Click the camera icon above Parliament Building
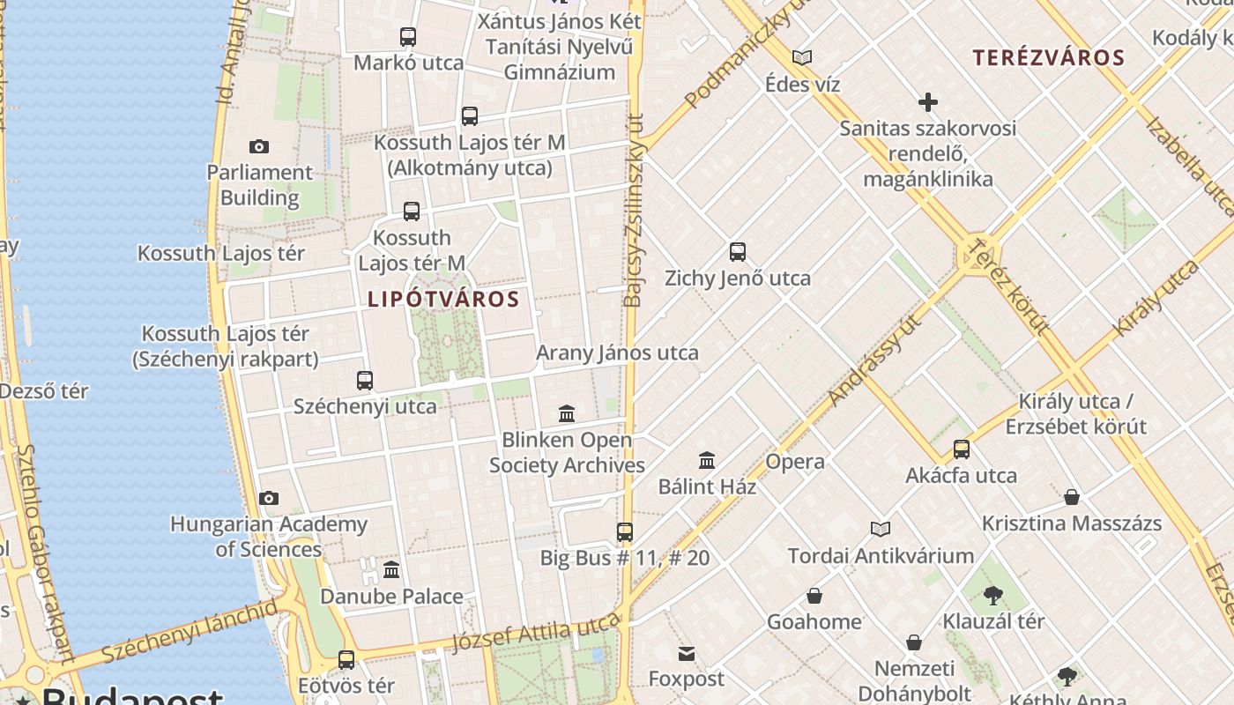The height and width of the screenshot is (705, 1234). coord(258,146)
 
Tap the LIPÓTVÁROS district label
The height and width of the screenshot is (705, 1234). coord(443,299)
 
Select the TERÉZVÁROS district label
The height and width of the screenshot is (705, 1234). coord(1048,58)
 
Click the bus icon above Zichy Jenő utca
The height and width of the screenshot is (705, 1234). coord(738,252)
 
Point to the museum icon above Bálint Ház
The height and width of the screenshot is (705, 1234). coord(706,460)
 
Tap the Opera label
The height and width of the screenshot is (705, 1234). coord(795,461)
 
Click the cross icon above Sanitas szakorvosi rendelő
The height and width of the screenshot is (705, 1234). coord(927,102)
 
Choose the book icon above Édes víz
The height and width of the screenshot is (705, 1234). coord(801,58)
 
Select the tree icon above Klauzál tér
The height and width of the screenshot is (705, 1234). coord(992,596)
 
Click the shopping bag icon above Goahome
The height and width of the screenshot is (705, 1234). coord(814,597)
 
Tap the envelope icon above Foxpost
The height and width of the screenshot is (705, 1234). coord(686,653)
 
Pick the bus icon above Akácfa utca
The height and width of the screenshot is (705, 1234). coord(961,449)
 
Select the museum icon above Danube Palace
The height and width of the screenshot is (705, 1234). coord(391,570)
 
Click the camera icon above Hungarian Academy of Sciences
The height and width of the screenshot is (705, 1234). coord(269,499)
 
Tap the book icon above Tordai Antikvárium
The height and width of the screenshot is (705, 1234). coord(880,529)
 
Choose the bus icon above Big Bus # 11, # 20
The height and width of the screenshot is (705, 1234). coord(624,531)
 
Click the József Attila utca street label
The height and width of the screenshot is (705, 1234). coord(536,633)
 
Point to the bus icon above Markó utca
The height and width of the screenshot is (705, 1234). coord(407,37)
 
